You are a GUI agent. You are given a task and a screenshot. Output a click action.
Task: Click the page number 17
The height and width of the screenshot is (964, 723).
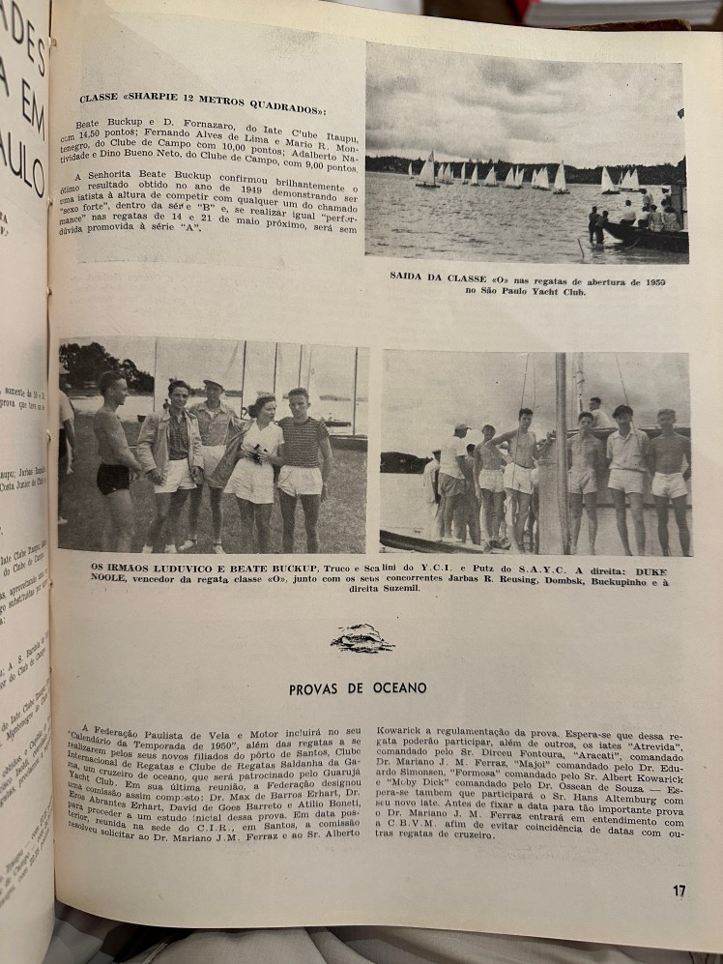(x=680, y=891)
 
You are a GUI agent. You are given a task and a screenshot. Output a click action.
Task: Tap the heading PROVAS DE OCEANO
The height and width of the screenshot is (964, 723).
(x=358, y=688)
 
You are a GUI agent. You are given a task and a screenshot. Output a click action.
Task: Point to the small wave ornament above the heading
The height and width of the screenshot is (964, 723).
(x=361, y=639)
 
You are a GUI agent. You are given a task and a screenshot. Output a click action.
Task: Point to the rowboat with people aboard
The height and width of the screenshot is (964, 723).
(x=643, y=232)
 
